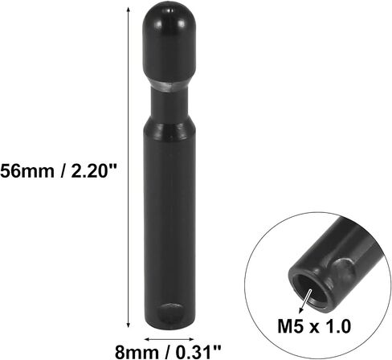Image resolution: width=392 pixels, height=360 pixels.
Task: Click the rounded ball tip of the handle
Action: pyautogui.click(x=169, y=40)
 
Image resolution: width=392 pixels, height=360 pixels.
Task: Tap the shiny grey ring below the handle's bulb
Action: pyautogui.click(x=169, y=86)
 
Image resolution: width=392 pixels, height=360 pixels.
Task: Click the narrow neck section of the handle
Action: pyautogui.click(x=169, y=104)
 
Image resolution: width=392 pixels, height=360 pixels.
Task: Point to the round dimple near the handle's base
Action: pyautogui.click(x=169, y=313)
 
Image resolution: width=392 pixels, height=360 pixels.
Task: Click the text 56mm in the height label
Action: pyautogui.click(x=27, y=170)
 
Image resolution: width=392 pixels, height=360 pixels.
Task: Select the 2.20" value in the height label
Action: pyautogui.click(x=94, y=170)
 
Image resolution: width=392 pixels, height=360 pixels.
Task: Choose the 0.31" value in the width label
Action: pyautogui.click(x=198, y=352)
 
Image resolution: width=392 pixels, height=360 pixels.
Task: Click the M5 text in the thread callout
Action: pyautogui.click(x=290, y=326)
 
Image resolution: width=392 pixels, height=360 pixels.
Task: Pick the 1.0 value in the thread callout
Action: pyautogui.click(x=338, y=326)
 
